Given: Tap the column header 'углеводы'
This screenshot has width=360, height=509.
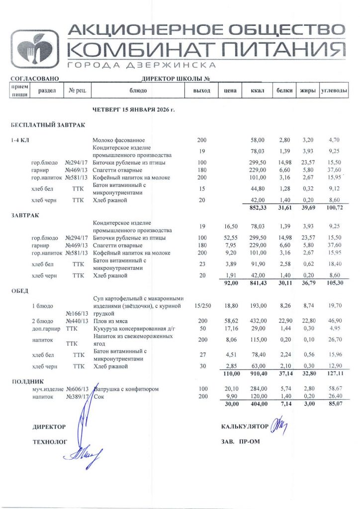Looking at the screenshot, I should (x=334, y=91).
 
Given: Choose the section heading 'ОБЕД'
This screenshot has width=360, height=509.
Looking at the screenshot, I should (x=20, y=290).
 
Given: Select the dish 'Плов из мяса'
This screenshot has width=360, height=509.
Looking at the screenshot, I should (x=110, y=322).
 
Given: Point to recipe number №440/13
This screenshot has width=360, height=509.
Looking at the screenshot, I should (x=77, y=322).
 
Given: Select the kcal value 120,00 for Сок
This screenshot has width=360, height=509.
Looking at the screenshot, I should (x=257, y=396).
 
